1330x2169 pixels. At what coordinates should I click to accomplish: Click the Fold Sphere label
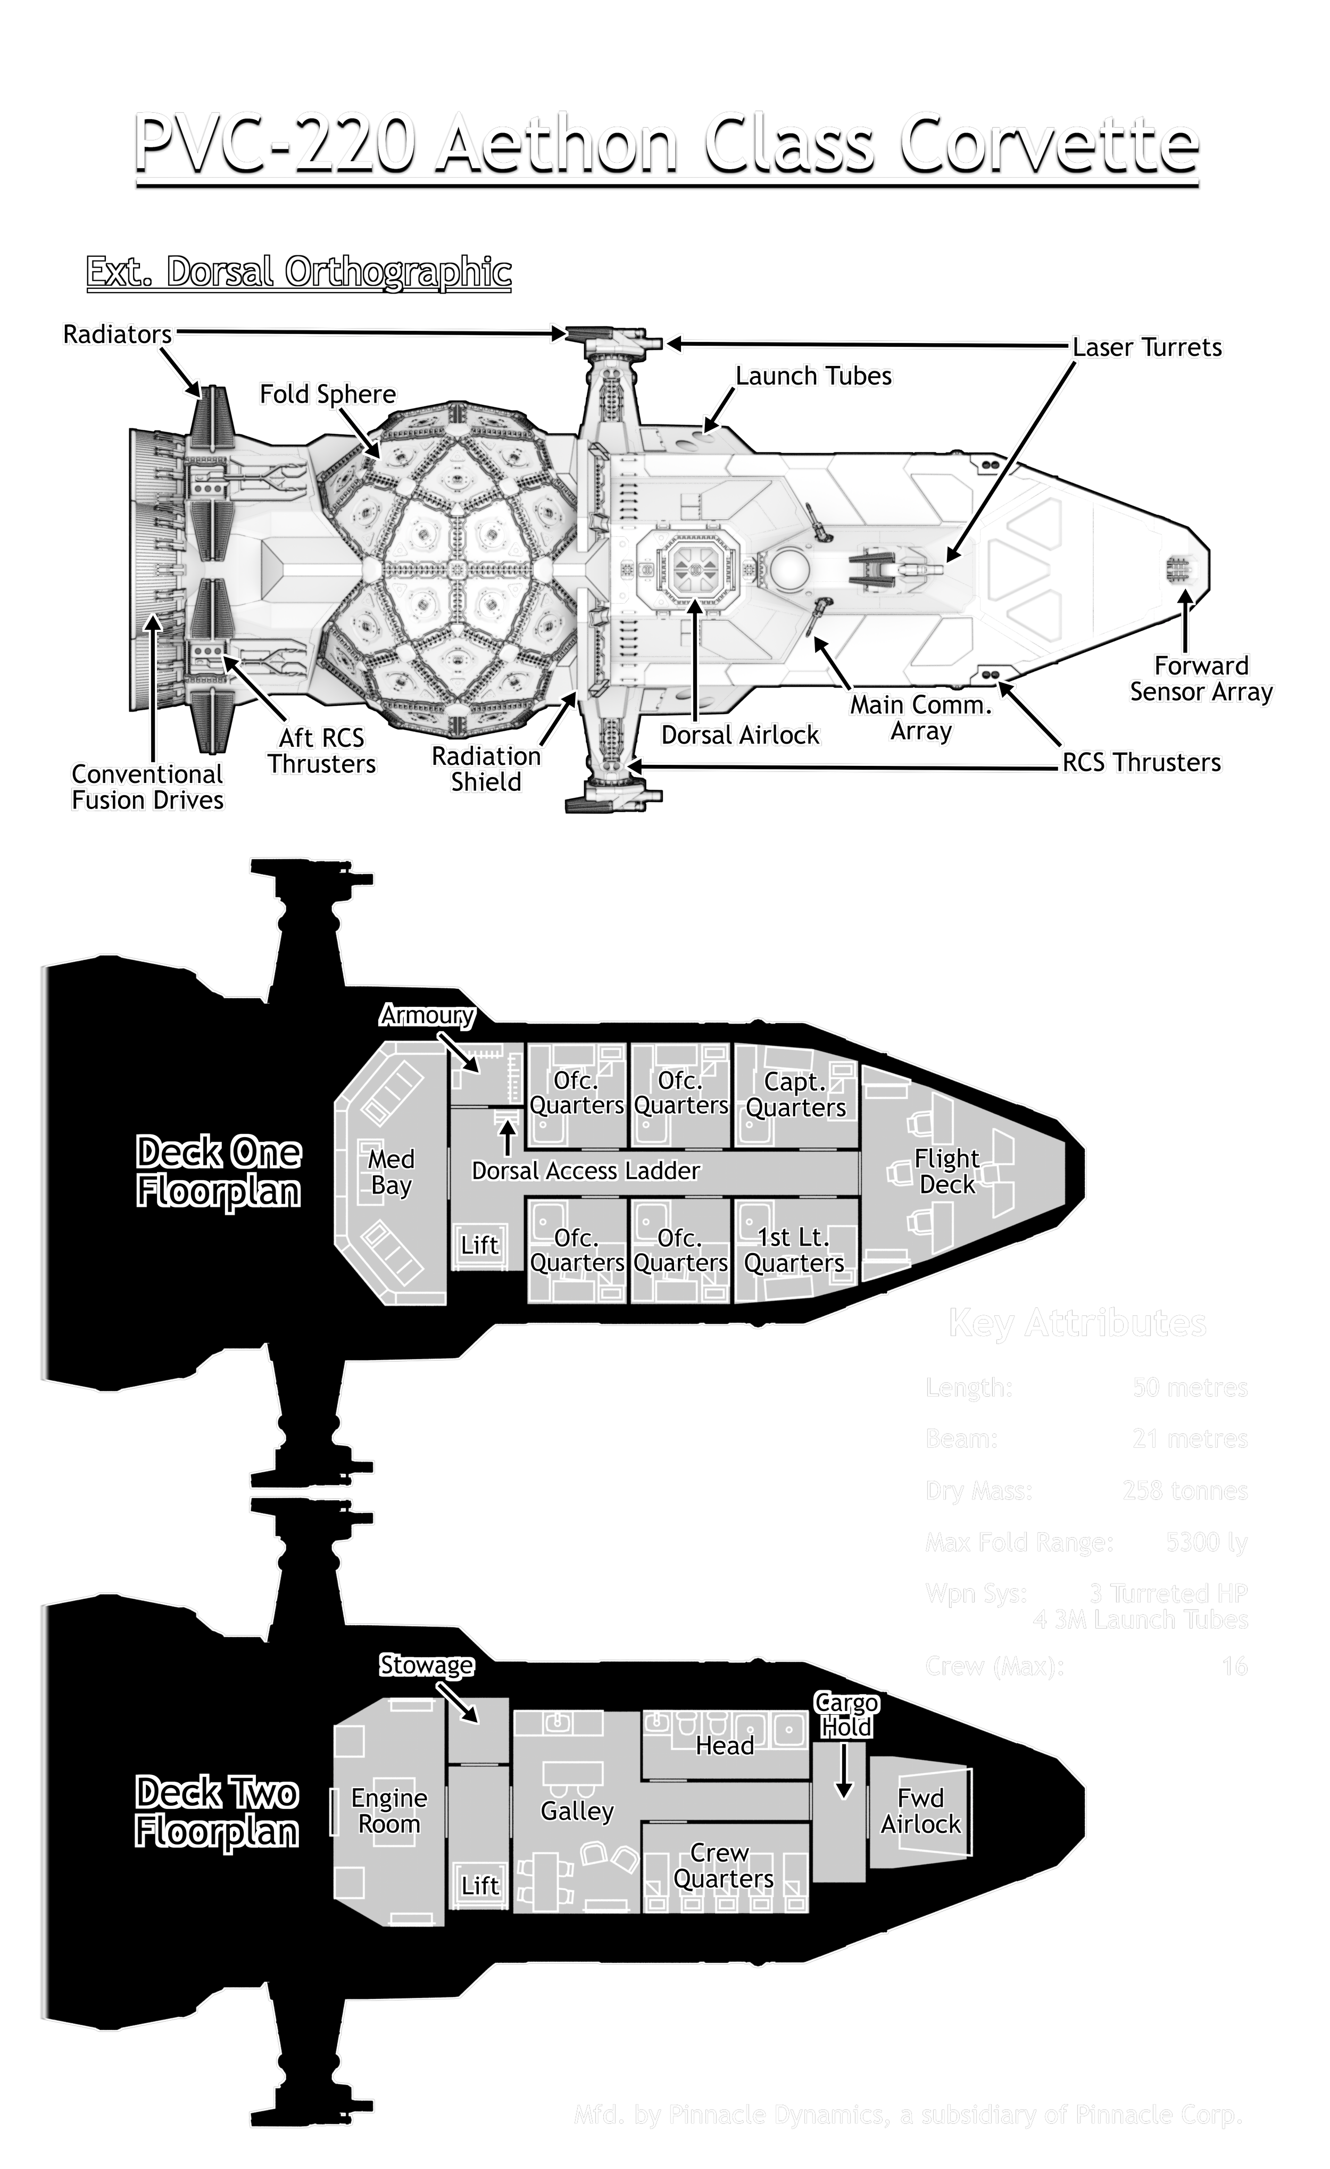pos(327,394)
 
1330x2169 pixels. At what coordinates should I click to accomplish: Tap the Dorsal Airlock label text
pos(740,735)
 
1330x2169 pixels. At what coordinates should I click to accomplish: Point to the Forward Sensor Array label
pos(1201,679)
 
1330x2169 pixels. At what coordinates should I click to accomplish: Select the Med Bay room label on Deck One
pos(391,1172)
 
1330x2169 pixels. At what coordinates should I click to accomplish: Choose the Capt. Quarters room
pos(796,1094)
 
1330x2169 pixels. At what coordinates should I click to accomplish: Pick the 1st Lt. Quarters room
pos(794,1250)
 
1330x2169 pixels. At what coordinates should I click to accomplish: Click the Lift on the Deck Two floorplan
pos(480,1886)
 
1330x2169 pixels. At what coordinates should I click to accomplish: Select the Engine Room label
pos(389,1810)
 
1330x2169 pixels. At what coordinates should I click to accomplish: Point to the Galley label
pos(577,1811)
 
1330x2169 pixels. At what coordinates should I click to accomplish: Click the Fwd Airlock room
pos(921,1810)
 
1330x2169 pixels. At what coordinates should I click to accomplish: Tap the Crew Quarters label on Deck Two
pos(722,1865)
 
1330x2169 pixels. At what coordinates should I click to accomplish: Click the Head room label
pos(725,1746)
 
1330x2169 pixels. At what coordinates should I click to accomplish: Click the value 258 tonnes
pos(1185,1490)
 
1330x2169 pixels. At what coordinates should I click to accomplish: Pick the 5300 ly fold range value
pos(1206,1542)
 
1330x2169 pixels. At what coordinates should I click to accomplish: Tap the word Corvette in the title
pos(1049,144)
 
